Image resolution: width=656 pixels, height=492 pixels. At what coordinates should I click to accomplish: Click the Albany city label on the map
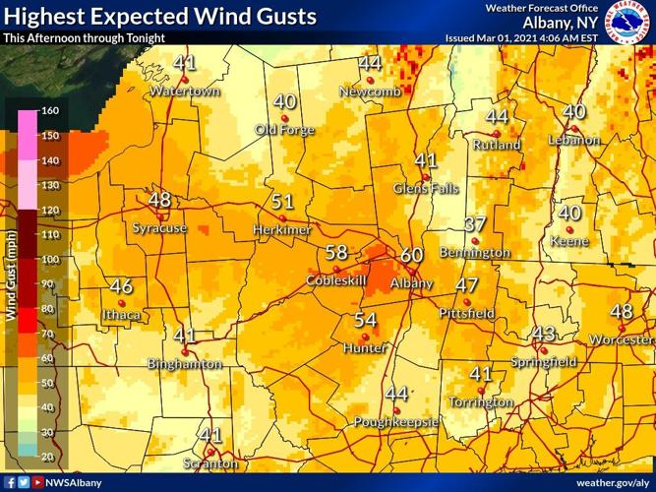[411, 283]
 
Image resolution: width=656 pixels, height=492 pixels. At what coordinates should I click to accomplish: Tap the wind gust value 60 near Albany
[411, 255]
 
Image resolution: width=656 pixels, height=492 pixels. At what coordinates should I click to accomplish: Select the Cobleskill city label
[335, 280]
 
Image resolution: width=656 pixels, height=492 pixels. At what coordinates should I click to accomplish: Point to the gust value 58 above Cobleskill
[336, 253]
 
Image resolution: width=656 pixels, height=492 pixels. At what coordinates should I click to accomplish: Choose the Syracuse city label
[159, 227]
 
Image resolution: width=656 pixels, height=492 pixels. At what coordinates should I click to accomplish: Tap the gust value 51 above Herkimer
[282, 202]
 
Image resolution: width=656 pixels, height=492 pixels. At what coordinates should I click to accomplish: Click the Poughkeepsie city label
[395, 422]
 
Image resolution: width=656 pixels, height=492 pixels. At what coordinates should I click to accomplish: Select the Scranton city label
[210, 462]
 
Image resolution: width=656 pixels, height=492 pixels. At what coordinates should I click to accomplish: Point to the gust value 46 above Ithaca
[121, 286]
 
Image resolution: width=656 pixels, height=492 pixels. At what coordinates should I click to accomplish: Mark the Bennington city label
[475, 252]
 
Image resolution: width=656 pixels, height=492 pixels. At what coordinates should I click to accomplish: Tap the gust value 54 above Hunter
[365, 320]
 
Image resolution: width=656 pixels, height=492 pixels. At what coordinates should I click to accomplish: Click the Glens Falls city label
[425, 188]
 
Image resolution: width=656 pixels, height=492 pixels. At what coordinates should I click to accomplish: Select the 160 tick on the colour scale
[50, 110]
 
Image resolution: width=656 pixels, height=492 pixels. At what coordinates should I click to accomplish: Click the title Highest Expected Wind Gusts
[160, 17]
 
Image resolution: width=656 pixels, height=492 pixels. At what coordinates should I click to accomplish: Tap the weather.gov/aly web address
[612, 483]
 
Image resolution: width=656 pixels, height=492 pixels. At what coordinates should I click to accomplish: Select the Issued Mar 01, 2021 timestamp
[521, 37]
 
